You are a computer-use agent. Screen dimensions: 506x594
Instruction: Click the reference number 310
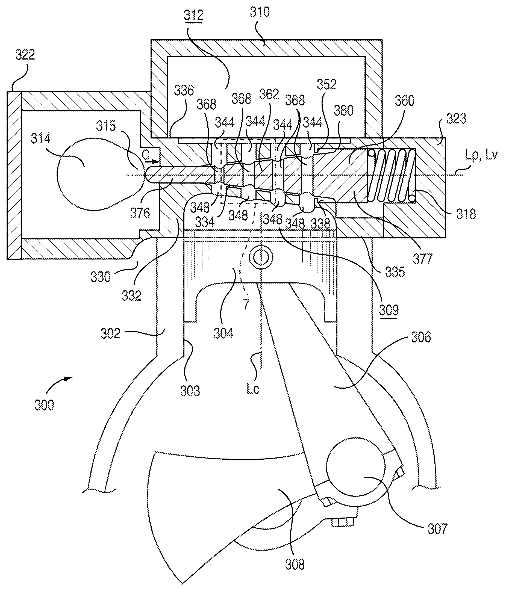(260, 12)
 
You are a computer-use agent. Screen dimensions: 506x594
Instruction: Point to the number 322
(25, 54)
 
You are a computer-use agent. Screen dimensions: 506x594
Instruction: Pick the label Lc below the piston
(253, 389)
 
